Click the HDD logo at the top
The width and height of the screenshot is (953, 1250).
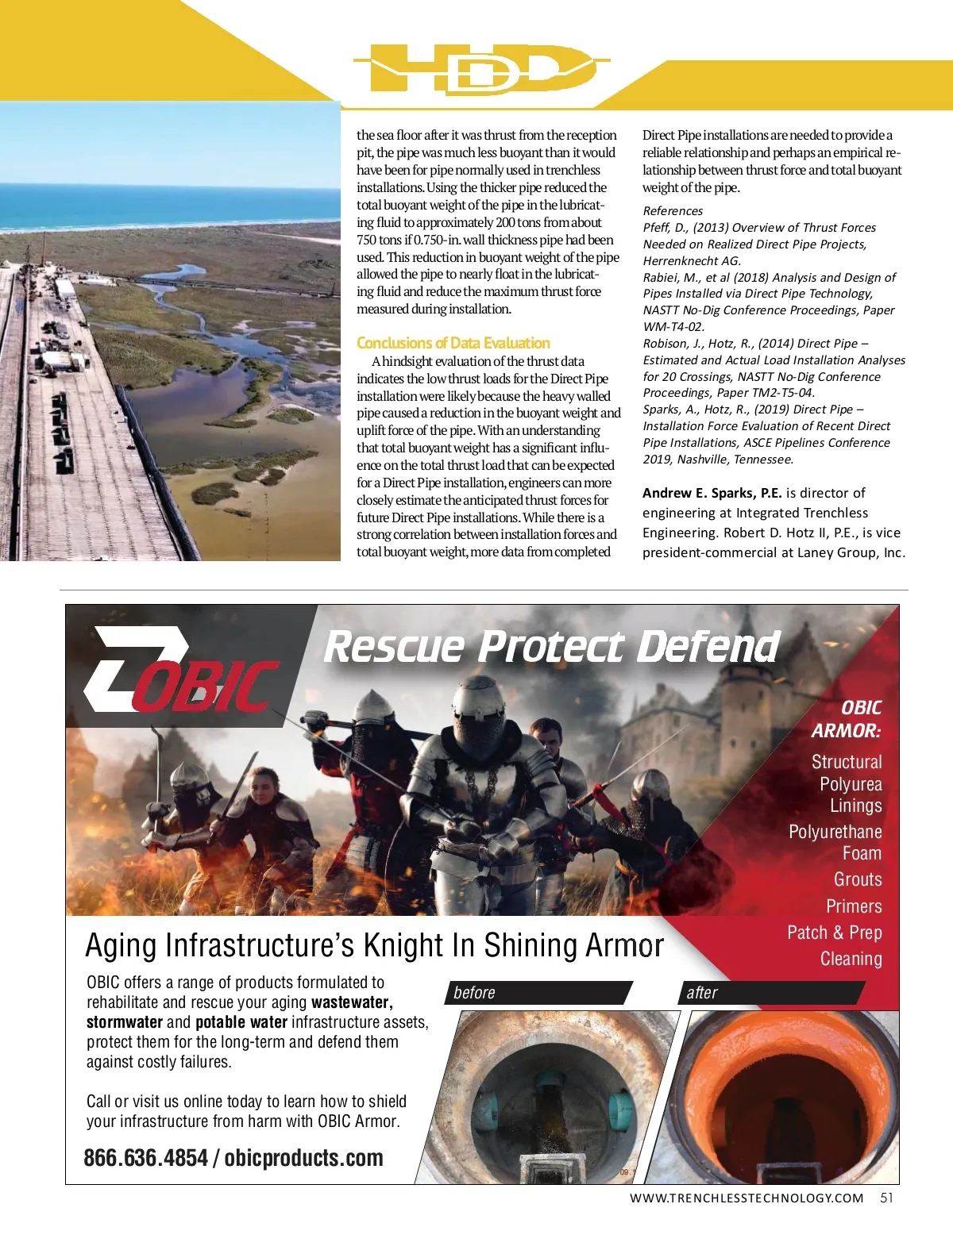(480, 69)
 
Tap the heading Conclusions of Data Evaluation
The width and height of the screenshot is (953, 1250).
(453, 343)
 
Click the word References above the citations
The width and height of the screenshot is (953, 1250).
(673, 210)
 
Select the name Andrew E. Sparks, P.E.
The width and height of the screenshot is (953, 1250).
(712, 493)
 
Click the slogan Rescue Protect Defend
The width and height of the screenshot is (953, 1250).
(552, 646)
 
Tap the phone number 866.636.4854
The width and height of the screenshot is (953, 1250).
(145, 1158)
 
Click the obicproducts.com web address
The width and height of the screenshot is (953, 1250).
(303, 1158)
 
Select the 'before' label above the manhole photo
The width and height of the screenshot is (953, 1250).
(474, 993)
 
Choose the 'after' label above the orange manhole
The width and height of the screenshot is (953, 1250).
(702, 993)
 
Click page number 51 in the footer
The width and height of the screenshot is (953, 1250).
(886, 1198)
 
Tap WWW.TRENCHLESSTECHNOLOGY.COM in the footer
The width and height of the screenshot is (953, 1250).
(747, 1198)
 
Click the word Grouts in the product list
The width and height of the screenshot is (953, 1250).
(858, 879)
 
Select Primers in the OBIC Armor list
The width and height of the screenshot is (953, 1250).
(854, 906)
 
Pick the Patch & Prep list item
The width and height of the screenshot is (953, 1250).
(834, 933)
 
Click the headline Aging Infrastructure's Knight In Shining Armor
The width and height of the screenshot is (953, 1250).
(374, 945)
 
